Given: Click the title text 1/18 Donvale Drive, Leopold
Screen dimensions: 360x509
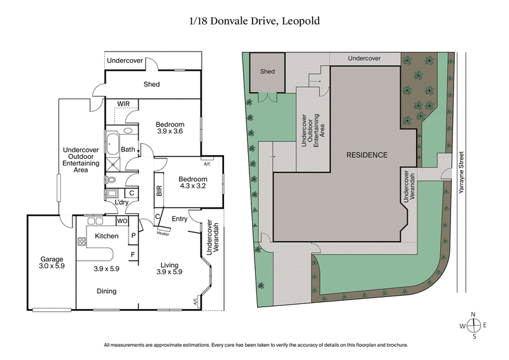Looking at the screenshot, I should [x=254, y=21].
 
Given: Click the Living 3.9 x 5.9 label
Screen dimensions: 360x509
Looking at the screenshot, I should [x=169, y=268].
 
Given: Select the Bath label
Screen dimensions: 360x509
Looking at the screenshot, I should [x=128, y=150].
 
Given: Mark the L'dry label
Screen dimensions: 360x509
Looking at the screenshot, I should [x=122, y=203].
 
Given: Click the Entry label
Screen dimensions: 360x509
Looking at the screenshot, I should [x=179, y=219].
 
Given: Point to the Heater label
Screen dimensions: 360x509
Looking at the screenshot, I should [x=163, y=233].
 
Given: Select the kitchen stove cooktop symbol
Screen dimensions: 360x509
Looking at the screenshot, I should [x=81, y=242].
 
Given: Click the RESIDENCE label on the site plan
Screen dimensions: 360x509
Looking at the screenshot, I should [x=366, y=155].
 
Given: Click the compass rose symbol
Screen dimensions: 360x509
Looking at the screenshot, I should [x=474, y=325].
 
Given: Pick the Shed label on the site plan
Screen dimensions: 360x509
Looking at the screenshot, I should [x=268, y=71].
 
